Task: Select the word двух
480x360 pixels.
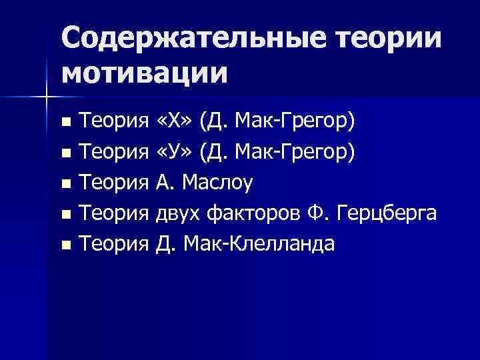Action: click(178, 214)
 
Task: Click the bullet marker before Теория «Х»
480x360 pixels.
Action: click(65, 123)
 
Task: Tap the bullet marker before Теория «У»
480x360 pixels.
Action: click(65, 153)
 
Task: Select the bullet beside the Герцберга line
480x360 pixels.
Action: click(65, 215)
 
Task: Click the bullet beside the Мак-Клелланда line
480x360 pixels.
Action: click(65, 245)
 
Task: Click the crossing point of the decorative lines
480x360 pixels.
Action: click(46, 98)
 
